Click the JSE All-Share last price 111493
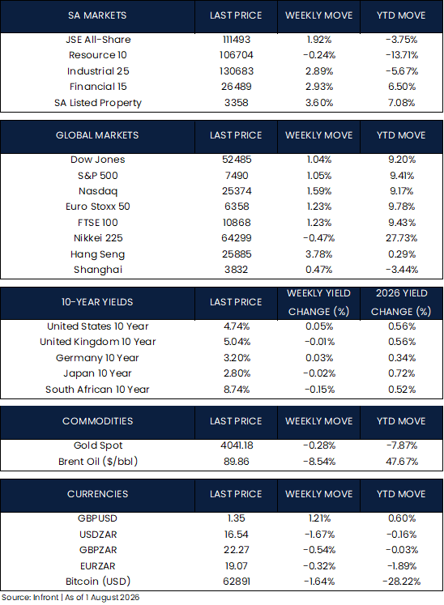(x=237, y=40)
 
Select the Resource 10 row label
(x=98, y=55)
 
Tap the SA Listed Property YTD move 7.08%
(x=402, y=103)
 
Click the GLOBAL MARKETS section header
(x=97, y=135)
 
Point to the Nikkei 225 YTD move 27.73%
(x=402, y=238)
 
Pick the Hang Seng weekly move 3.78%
(x=319, y=254)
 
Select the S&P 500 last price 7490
(x=237, y=176)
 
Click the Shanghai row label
(x=98, y=270)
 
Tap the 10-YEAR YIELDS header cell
(x=97, y=302)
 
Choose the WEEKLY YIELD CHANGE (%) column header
(x=319, y=303)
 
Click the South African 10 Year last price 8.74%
(x=237, y=390)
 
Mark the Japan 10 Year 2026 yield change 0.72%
(x=402, y=373)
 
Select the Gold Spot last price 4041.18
(x=237, y=445)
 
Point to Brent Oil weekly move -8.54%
(x=319, y=462)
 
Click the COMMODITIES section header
(x=97, y=421)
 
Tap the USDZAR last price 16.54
(x=237, y=535)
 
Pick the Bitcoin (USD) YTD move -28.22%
(x=402, y=582)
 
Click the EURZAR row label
(x=98, y=566)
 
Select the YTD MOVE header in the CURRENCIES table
(x=401, y=494)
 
